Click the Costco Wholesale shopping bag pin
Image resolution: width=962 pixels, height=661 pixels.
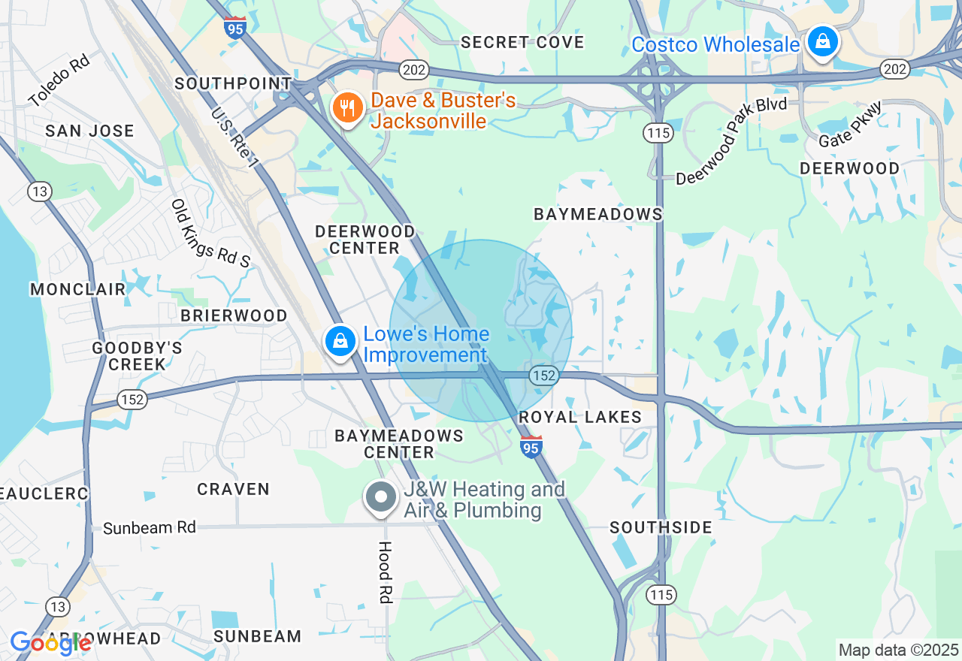tap(823, 42)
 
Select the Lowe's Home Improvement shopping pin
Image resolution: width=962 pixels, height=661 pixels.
tap(340, 341)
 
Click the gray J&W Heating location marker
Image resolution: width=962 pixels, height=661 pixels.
tap(382, 497)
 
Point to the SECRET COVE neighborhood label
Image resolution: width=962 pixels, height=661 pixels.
tap(522, 42)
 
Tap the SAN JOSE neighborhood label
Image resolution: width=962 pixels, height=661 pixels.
tap(89, 131)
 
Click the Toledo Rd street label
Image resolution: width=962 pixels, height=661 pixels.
tap(59, 80)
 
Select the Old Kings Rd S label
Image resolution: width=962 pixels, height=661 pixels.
tap(210, 234)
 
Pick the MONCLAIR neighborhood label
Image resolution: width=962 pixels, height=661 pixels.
tap(77, 289)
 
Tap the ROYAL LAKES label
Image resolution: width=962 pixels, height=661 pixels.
tap(580, 417)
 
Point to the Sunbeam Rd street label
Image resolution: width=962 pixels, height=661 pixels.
tap(150, 528)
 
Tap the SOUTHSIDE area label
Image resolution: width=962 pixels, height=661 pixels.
tap(661, 528)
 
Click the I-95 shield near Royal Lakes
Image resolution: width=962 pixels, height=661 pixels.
tap(531, 446)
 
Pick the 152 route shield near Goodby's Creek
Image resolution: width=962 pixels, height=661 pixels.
tap(132, 399)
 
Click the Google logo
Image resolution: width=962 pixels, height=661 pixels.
tap(50, 643)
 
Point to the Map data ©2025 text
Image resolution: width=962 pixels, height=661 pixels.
tap(898, 650)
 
